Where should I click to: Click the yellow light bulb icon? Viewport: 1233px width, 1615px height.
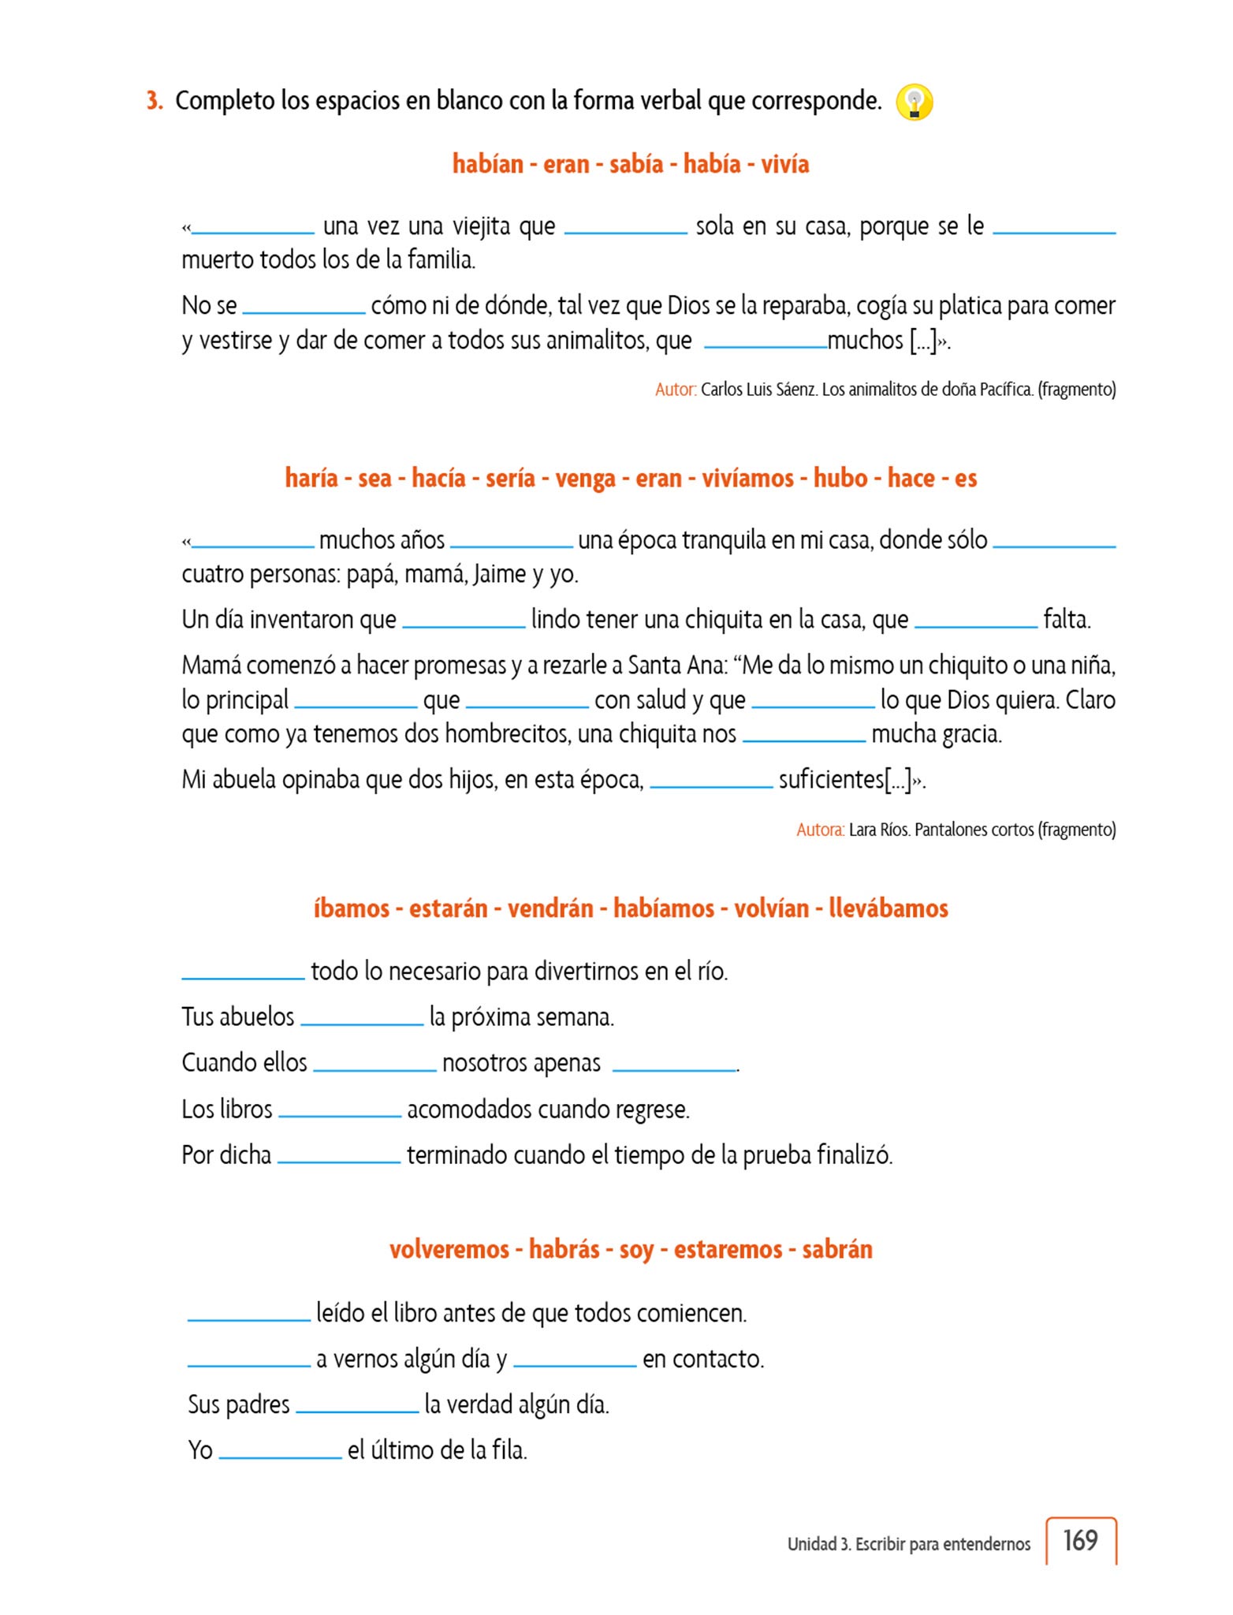point(915,103)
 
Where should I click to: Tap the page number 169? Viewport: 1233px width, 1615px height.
point(1080,1540)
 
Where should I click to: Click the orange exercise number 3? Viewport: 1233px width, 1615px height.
point(155,101)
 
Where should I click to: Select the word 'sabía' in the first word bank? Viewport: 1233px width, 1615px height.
point(636,164)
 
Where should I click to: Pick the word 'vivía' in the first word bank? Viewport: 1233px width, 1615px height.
point(784,164)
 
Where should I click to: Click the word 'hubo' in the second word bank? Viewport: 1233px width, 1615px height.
point(840,478)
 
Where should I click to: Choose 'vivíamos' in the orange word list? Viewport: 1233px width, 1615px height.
point(747,478)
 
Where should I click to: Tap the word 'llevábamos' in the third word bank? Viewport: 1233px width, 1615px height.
point(888,908)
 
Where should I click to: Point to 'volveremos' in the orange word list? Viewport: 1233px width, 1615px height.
point(449,1250)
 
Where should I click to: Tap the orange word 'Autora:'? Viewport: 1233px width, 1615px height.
point(820,830)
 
